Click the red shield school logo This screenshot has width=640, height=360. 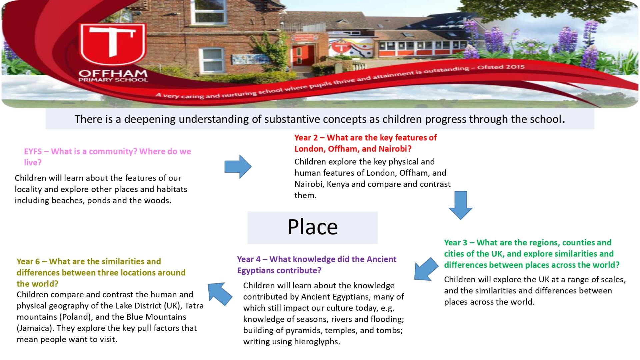[x=113, y=45]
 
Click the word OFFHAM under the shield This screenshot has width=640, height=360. [x=113, y=73]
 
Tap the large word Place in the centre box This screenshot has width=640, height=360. [x=313, y=227]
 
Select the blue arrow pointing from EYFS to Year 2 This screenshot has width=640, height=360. [x=238, y=166]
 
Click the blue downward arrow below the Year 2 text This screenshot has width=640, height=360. [x=461, y=205]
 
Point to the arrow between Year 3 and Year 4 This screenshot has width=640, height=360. [x=426, y=269]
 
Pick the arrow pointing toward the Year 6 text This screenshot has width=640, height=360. [x=220, y=294]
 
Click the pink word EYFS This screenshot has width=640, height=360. [x=33, y=152]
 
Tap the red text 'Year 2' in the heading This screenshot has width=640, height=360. [x=306, y=138]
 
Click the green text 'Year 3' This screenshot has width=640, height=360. [x=456, y=243]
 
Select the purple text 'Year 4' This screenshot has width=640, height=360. [x=249, y=259]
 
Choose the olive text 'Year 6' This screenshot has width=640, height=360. [x=29, y=262]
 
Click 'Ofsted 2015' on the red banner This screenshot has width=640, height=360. [x=501, y=67]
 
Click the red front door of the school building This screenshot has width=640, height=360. [x=303, y=56]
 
